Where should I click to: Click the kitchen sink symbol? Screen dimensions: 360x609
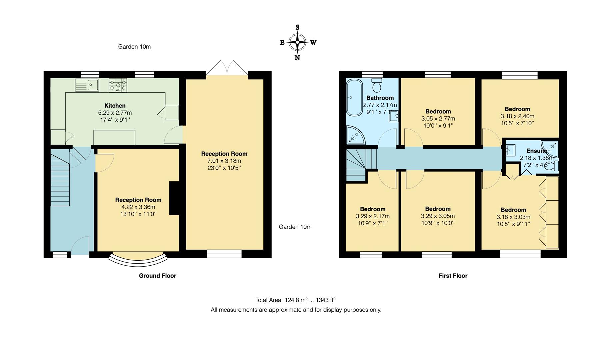pos(87,85)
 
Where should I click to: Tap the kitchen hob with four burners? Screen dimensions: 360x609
pos(118,85)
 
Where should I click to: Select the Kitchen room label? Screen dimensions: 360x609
pos(115,106)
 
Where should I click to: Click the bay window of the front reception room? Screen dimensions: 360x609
pos(138,259)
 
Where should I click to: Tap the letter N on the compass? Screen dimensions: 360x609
pos(297,58)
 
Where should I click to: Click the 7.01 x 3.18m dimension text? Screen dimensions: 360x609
pos(224,161)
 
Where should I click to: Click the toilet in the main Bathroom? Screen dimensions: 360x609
pos(377,86)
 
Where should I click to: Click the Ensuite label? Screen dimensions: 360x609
pos(536,151)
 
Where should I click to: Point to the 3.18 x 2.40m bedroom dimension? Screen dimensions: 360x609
pos(517,116)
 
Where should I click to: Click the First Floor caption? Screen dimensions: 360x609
pos(453,276)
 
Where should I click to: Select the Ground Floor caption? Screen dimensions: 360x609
pos(157,276)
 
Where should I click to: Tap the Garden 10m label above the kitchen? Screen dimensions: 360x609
pos(134,47)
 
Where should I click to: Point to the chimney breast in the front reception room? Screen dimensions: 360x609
pos(174,198)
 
